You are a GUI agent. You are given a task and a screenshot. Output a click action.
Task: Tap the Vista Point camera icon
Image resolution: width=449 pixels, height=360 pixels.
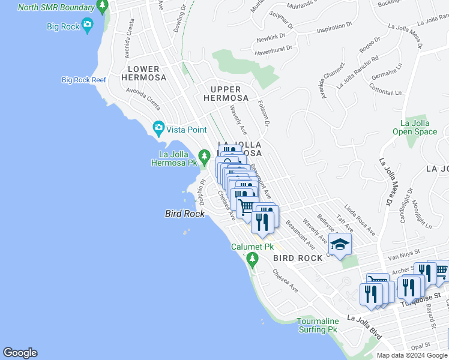[x=158, y=127]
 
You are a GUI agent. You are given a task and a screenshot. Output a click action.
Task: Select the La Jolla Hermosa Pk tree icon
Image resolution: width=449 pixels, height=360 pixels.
[x=204, y=157]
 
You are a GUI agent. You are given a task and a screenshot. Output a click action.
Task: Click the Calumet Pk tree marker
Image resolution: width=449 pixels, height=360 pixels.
[x=252, y=260]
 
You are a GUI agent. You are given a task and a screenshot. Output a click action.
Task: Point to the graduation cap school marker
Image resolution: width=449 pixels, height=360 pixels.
[x=340, y=244]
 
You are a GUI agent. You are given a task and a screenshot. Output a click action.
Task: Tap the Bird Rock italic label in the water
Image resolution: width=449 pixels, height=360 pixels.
[x=185, y=214]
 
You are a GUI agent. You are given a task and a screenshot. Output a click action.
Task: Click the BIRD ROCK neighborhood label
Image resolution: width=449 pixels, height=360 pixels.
[x=298, y=258]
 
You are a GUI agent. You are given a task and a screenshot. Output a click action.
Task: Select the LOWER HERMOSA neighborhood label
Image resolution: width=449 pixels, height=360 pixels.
[x=143, y=73]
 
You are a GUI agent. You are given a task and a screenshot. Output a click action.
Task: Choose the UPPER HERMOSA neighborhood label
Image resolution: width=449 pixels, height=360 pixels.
[x=226, y=93]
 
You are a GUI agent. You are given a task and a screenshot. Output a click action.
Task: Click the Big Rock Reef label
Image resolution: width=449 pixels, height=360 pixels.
[x=83, y=80]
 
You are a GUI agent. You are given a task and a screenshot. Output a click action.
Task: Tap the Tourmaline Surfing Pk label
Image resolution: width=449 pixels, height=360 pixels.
[x=317, y=325]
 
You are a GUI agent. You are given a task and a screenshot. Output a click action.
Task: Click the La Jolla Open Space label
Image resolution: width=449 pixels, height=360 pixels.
[x=415, y=127]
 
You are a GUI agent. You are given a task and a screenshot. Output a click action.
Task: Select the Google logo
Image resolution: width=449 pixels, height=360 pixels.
[x=20, y=353]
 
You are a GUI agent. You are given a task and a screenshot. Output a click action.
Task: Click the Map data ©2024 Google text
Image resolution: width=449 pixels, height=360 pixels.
[x=411, y=355]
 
